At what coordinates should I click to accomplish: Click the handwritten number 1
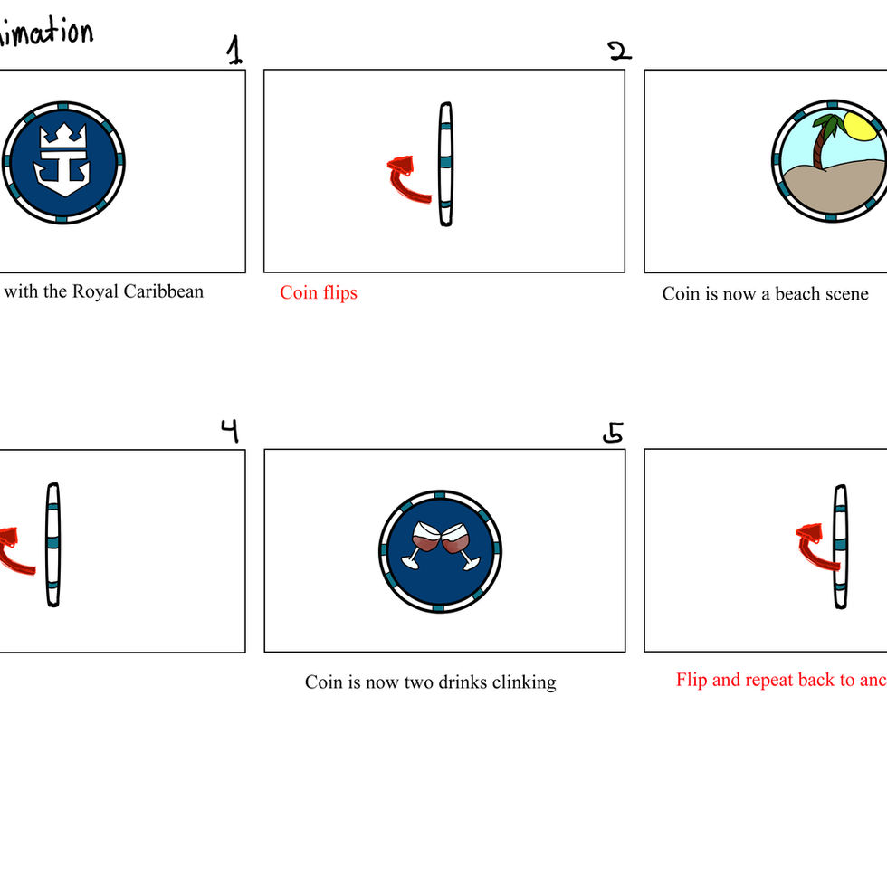point(234,51)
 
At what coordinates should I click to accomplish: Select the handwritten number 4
point(230,430)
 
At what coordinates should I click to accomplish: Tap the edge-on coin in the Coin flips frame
point(444,164)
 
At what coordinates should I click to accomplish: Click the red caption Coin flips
point(319,292)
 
